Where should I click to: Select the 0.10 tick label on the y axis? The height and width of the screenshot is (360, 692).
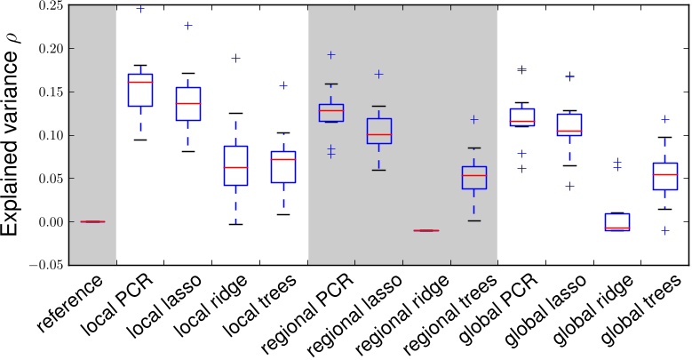pos(48,135)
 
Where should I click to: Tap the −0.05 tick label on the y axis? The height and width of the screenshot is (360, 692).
pos(44,264)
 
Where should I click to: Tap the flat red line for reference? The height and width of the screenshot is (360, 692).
pos(93,221)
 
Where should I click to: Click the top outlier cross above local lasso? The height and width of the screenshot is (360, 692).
pos(188,26)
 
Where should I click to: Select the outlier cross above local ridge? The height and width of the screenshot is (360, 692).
pos(236,59)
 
